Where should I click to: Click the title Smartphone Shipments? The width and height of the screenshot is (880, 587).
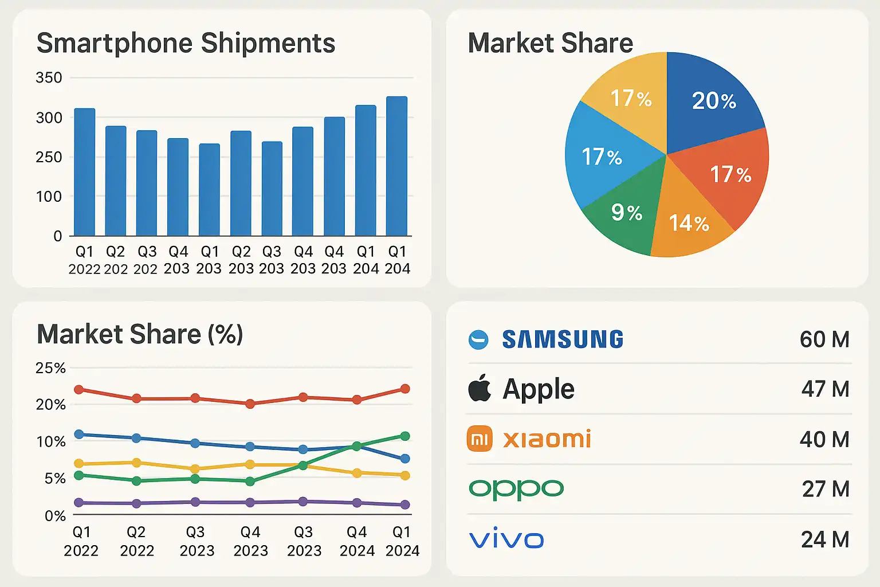pos(186,44)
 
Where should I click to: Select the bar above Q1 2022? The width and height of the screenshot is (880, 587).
pos(85,172)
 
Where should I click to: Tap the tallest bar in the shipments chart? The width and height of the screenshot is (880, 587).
pos(396,166)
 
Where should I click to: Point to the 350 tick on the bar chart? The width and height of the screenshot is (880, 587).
pos(49,77)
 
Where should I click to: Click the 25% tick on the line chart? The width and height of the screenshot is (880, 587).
pos(50,368)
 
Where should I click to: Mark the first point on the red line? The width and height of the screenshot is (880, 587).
pos(79,390)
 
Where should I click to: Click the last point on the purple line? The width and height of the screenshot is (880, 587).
pos(404,504)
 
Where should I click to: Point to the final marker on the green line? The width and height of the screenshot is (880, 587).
pos(404,436)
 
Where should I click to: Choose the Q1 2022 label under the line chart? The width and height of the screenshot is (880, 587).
pos(81,541)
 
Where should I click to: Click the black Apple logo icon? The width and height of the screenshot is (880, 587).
pos(480,388)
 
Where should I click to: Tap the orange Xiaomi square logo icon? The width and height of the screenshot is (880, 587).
pos(480,439)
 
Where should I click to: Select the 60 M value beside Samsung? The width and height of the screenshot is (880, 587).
pos(824,339)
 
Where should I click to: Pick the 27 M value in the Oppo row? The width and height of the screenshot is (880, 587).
pos(825,489)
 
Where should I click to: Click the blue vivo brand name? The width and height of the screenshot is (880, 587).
pos(506,539)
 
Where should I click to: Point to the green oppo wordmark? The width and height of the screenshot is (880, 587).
pos(516,490)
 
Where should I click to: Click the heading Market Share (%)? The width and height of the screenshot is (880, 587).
pos(140,334)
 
